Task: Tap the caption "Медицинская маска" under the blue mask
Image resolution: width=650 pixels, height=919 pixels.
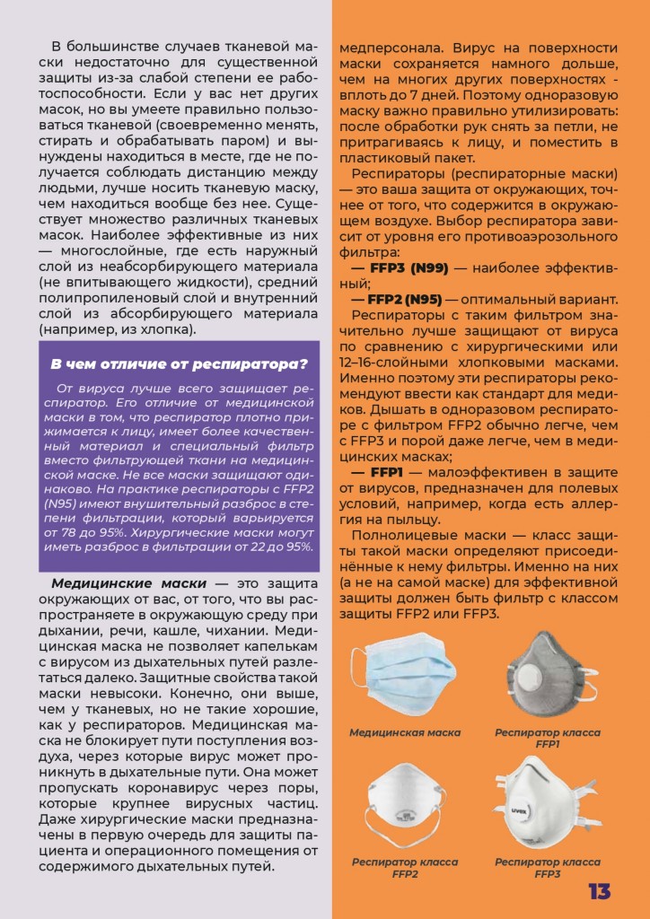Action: point(405,732)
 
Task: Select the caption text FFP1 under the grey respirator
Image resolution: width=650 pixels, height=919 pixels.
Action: point(548,744)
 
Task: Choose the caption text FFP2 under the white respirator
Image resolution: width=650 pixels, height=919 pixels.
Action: point(405,873)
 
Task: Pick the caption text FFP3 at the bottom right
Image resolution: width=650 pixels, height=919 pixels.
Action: point(548,873)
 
